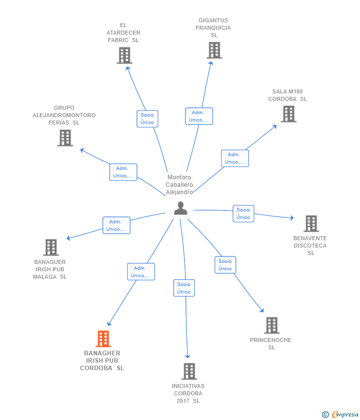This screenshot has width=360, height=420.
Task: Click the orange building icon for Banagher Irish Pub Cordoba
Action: (x=103, y=339)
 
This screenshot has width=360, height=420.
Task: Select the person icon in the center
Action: (x=180, y=208)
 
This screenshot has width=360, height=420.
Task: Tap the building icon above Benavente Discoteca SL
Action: (x=311, y=223)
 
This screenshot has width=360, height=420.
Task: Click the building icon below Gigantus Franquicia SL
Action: (x=214, y=50)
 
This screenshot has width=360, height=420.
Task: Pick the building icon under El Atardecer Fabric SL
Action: (x=125, y=55)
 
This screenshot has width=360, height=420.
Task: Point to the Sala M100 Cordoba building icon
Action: (x=289, y=114)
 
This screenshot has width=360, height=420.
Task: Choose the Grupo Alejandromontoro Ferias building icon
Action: (x=65, y=138)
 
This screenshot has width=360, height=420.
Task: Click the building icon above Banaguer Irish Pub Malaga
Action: (x=51, y=247)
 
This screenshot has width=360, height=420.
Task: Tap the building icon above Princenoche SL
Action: (x=272, y=325)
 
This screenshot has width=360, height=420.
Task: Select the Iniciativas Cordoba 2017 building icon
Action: (x=189, y=371)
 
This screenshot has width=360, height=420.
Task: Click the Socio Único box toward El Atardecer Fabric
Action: (x=147, y=119)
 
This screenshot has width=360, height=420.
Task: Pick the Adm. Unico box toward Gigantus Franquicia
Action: (x=199, y=116)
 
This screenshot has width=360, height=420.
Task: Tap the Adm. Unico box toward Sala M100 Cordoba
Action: (x=235, y=158)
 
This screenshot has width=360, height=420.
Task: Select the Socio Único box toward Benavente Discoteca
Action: (x=243, y=213)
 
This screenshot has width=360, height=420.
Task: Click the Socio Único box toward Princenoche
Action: (x=225, y=265)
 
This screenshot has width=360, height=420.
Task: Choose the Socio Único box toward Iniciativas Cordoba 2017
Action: (x=184, y=288)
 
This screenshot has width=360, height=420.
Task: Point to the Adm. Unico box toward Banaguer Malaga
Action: (x=116, y=225)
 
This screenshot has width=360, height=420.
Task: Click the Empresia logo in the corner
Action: (x=340, y=414)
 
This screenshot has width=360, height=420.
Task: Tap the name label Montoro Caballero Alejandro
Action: (x=180, y=185)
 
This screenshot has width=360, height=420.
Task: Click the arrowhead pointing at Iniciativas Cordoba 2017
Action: (x=187, y=356)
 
